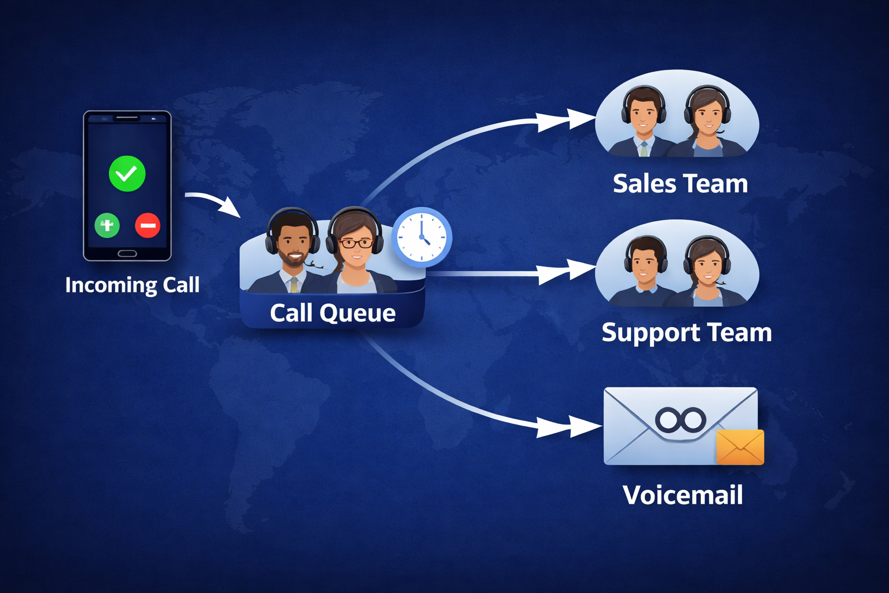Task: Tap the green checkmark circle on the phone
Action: [x=127, y=173]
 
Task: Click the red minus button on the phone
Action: [x=148, y=225]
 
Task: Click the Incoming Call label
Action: [x=133, y=285]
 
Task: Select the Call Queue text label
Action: [x=332, y=313]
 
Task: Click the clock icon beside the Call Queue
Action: [x=422, y=237]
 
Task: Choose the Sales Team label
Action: [x=680, y=184]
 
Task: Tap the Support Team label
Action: [x=686, y=332]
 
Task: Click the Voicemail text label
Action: [x=682, y=495]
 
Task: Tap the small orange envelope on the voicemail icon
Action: [x=740, y=447]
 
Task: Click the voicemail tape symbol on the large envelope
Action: [x=681, y=419]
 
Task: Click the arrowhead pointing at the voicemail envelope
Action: [x=585, y=427]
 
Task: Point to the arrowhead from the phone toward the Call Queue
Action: [x=231, y=207]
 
